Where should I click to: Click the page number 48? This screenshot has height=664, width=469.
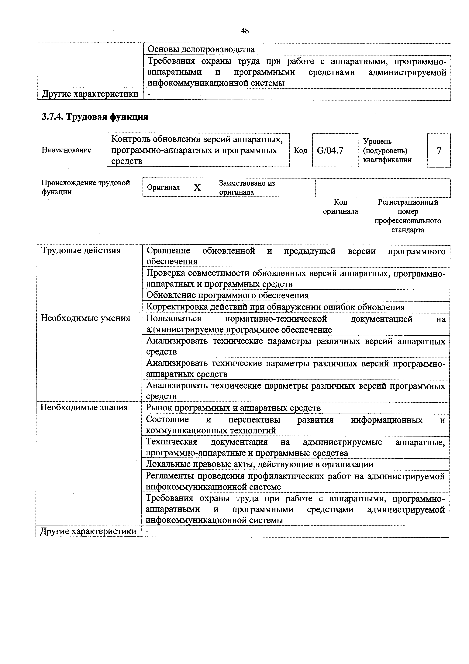click(245, 31)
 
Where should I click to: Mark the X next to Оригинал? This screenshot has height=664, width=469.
click(197, 188)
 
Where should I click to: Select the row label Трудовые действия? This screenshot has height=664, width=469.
click(81, 250)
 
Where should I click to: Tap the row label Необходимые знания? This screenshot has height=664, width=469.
click(84, 408)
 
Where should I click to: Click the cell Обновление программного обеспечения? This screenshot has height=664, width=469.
click(228, 295)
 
